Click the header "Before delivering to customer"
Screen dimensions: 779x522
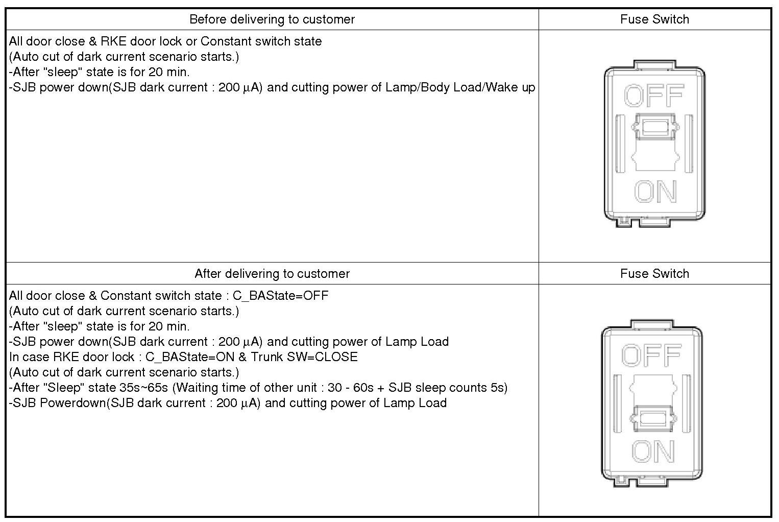pyautogui.click(x=272, y=19)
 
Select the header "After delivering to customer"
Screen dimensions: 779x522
pyautogui.click(x=272, y=274)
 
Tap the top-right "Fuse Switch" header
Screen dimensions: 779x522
pyautogui.click(x=654, y=19)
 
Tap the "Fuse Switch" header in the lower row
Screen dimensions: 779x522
pyautogui.click(x=654, y=274)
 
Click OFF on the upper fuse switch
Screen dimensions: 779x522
pyautogui.click(x=654, y=96)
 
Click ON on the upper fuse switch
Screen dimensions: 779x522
pyautogui.click(x=655, y=192)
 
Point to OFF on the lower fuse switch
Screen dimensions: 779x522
pyautogui.click(x=651, y=355)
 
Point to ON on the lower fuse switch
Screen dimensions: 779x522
pyautogui.click(x=652, y=452)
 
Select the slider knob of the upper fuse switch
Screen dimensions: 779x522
pyautogui.click(x=655, y=126)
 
